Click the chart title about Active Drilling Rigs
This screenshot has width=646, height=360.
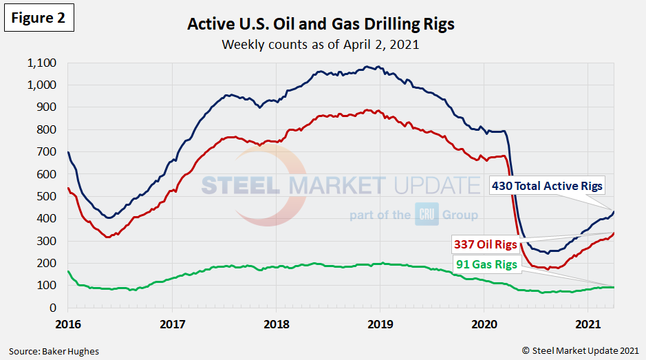[x=321, y=25]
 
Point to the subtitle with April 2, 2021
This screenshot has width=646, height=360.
[x=321, y=45]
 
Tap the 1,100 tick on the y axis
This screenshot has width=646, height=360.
[x=42, y=63]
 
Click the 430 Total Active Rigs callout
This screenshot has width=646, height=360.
[x=547, y=185]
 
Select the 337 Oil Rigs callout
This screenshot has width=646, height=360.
[x=484, y=244]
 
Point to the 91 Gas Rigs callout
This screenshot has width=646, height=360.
[x=485, y=264]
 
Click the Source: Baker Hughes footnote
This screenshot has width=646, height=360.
[x=54, y=351]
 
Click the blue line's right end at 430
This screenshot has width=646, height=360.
[x=614, y=211]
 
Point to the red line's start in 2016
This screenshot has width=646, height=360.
[x=67, y=188]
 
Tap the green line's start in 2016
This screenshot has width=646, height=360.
[x=67, y=271]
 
